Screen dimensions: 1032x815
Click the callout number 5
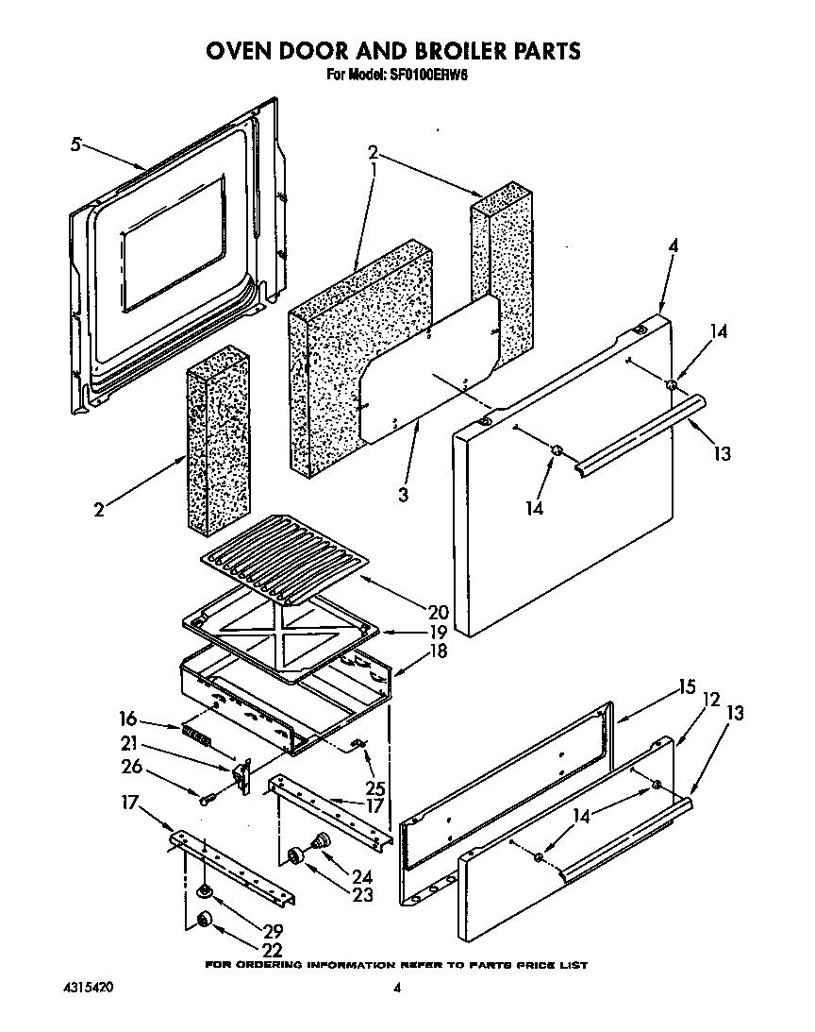click(x=76, y=144)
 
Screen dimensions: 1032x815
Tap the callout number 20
click(x=412, y=611)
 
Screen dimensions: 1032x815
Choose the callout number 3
click(x=403, y=494)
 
